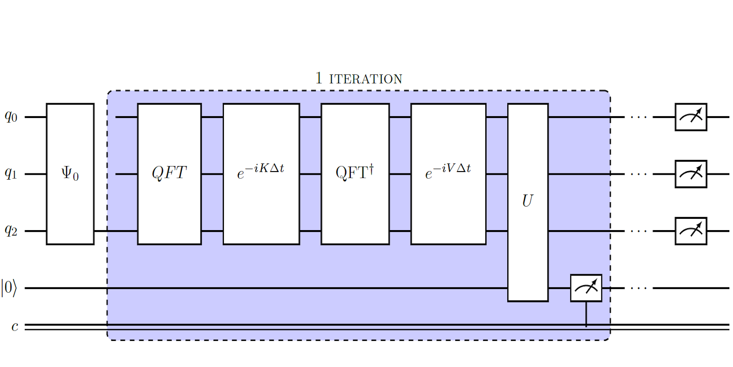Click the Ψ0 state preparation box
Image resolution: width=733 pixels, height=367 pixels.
click(x=70, y=174)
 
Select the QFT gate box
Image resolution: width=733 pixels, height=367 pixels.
click(x=169, y=174)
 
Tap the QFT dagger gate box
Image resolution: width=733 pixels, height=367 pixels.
click(x=355, y=174)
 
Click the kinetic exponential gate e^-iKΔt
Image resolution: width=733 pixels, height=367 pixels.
click(x=261, y=174)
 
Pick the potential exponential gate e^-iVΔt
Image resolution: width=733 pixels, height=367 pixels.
click(x=448, y=174)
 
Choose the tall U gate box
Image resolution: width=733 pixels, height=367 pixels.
click(x=527, y=202)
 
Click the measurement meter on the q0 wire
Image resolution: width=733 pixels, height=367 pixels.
click(x=691, y=117)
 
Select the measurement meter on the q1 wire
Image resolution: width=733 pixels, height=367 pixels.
click(x=691, y=174)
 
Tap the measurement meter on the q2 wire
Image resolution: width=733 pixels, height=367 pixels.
click(x=691, y=231)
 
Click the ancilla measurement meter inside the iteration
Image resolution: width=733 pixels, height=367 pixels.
click(x=586, y=288)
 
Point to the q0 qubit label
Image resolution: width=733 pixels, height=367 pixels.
click(x=11, y=117)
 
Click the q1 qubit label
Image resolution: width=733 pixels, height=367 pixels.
click(x=11, y=173)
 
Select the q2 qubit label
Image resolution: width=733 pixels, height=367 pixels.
click(x=11, y=231)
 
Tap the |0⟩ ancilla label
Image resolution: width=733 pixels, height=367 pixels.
click(x=9, y=288)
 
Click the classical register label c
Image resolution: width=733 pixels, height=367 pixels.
click(x=15, y=326)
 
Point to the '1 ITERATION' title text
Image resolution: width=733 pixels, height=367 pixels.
click(x=359, y=78)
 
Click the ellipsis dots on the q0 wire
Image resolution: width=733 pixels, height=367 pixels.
click(x=638, y=118)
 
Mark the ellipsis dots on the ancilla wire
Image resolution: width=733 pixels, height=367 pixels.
click(x=638, y=288)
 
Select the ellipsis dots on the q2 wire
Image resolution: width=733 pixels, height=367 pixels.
click(x=638, y=231)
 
